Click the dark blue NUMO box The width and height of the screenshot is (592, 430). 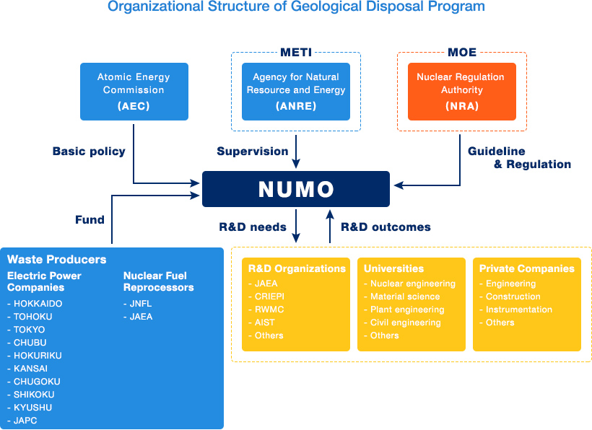[x=296, y=189]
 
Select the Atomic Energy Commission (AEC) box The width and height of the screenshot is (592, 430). [x=134, y=92]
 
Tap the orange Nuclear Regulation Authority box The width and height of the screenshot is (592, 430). [x=462, y=92]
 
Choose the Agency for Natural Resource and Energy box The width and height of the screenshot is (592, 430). [x=295, y=92]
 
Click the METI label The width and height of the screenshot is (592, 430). [x=296, y=53]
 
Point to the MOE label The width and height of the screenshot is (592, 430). [x=462, y=53]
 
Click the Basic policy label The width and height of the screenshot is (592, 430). [x=89, y=152]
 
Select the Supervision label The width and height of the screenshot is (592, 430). [x=253, y=152]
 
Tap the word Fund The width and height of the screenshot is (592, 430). [x=90, y=219]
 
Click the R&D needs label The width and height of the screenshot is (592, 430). [x=253, y=227]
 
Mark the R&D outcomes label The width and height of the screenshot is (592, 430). [x=386, y=227]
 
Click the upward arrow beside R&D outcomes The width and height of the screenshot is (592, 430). [x=330, y=227]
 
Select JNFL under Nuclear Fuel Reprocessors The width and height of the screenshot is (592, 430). [x=138, y=304]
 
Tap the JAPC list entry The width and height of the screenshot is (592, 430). [x=22, y=421]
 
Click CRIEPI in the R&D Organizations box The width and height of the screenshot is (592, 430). [x=266, y=297]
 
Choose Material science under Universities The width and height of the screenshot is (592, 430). [x=402, y=297]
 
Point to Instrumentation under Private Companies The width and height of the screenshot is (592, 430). [x=515, y=310]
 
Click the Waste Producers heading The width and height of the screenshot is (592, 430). [x=57, y=260]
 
